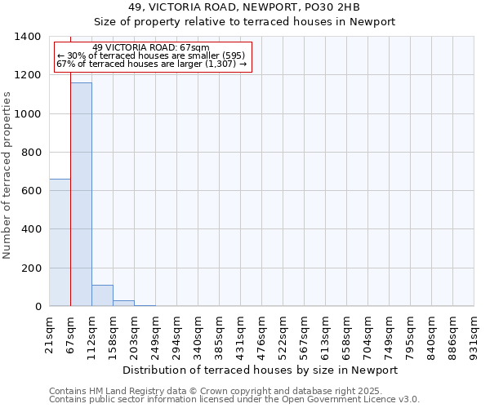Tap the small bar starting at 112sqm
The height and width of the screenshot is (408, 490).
[102, 295]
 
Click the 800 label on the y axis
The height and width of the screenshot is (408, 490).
[32, 153]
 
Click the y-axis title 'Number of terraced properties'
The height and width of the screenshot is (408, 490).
[7, 175]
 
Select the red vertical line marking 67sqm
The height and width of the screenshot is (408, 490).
[71, 204]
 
